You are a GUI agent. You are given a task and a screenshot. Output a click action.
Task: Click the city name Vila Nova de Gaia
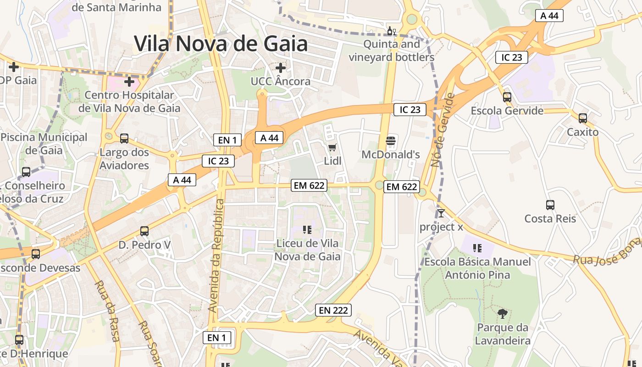221,44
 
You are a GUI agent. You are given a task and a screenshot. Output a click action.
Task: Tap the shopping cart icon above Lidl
332,147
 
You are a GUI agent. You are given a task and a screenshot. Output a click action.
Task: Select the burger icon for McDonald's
391,140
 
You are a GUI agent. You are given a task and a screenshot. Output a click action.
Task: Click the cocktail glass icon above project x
441,213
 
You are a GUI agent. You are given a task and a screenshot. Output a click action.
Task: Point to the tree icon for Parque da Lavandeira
503,314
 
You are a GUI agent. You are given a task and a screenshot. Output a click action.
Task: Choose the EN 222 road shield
333,310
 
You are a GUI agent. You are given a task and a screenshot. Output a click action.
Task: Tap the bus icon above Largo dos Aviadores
124,138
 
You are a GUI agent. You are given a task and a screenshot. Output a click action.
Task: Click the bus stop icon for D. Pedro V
144,231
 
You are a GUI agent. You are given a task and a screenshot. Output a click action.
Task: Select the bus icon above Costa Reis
550,205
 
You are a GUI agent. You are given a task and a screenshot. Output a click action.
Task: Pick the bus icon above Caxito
582,118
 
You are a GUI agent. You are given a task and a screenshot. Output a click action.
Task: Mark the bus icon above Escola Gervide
507,97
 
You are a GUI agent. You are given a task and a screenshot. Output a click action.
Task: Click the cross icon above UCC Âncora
281,68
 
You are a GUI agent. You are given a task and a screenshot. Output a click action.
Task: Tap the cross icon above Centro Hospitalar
129,82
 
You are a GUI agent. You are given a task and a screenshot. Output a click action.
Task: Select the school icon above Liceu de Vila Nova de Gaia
307,229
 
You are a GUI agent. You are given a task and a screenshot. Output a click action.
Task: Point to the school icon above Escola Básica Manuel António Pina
477,248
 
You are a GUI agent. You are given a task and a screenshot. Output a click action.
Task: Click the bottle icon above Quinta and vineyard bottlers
391,31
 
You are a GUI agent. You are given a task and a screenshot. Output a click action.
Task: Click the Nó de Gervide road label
443,130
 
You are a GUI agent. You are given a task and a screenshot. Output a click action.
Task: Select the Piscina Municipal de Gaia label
44,143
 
